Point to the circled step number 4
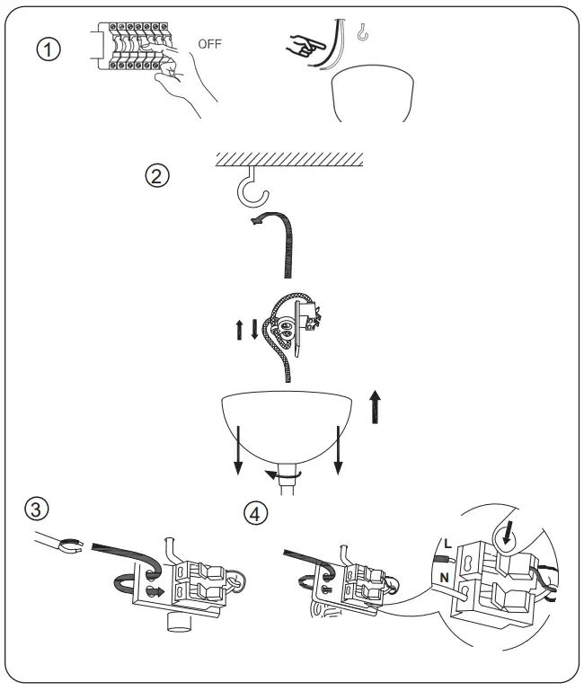coord(257,513)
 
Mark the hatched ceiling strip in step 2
coord(288,158)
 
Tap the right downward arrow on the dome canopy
coord(338,451)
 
